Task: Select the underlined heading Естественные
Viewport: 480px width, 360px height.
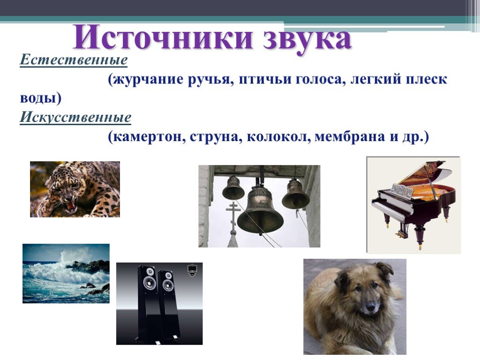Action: [74, 60]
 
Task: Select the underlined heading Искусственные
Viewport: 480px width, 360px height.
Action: [75, 117]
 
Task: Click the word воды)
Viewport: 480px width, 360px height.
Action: [41, 98]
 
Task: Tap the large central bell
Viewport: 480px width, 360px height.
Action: [260, 211]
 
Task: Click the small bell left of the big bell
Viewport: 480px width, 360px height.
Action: [233, 188]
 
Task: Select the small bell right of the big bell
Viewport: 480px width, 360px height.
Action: [295, 195]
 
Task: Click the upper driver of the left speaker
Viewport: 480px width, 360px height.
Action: [150, 272]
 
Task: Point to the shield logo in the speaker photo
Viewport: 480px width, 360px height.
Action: [192, 270]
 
